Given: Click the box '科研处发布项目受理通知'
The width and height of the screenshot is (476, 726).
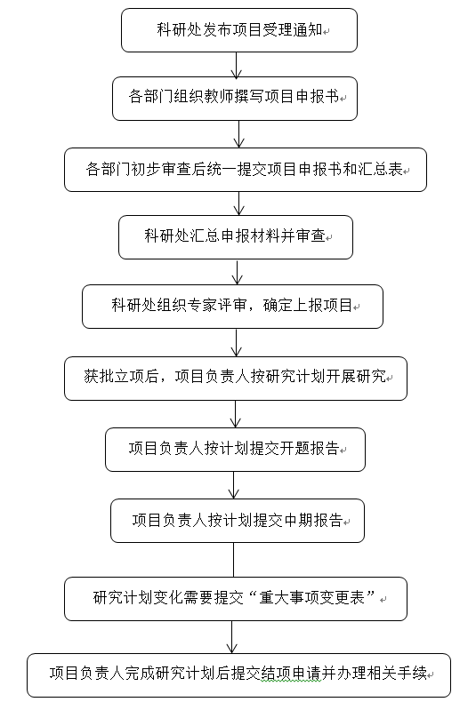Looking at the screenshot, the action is tap(239, 30).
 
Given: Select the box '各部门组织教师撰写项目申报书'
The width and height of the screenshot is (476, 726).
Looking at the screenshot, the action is tap(235, 99).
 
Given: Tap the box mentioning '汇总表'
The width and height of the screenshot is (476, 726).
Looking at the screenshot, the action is tap(246, 170).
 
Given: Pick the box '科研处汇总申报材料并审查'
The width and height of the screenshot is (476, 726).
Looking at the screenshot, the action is tap(236, 237).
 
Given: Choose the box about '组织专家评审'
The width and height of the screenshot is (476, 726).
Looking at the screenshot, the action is tap(233, 307).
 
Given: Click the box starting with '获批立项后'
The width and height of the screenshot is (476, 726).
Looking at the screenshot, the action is tap(236, 379).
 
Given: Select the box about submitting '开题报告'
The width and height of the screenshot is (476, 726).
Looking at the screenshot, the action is tap(235, 450).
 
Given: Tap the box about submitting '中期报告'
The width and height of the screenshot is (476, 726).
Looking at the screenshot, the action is tap(238, 521).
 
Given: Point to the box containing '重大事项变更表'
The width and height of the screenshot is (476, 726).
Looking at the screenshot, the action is tap(236, 599).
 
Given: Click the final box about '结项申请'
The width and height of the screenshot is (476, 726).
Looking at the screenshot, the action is tap(238, 675).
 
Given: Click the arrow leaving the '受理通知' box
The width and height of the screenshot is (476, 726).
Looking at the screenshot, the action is tap(237, 65).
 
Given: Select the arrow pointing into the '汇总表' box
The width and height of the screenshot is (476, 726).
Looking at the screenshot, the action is tap(238, 134).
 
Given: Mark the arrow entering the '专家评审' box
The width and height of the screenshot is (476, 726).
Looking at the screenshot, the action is tap(237, 272).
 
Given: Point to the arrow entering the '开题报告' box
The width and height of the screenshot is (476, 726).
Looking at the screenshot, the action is tap(236, 414).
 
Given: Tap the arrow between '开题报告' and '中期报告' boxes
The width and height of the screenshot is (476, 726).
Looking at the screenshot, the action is tap(234, 485).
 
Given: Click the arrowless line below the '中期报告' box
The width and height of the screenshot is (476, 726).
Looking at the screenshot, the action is tap(234, 560).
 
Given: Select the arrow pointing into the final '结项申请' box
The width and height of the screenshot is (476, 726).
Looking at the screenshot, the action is tap(231, 637).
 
